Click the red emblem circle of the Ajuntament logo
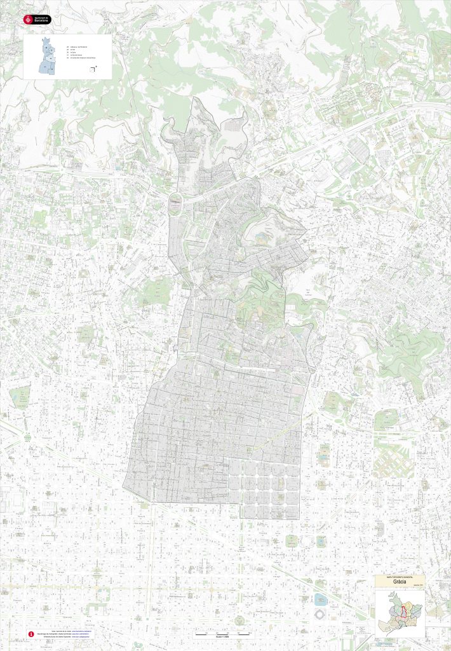(x=27, y=20)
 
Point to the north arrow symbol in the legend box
(x=93, y=69)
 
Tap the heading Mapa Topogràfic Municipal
(x=400, y=576)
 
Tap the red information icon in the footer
(x=30, y=634)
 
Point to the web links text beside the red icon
(x=70, y=634)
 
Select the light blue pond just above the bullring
(x=320, y=600)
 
